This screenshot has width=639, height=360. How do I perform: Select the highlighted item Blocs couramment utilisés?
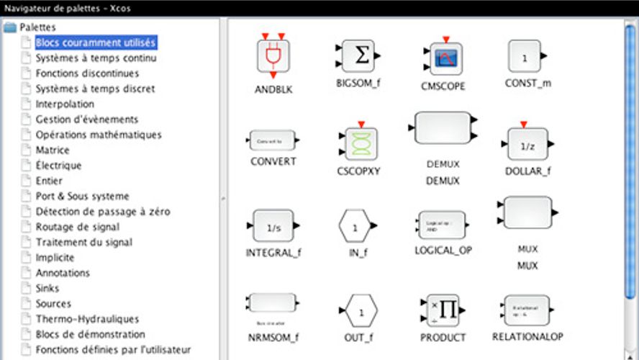coord(95,43)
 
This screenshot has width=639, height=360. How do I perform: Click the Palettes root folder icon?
coord(10,27)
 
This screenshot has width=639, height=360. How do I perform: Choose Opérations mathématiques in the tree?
coord(99,135)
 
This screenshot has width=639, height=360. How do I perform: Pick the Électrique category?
coord(58,166)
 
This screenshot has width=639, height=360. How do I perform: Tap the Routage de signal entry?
coord(78,227)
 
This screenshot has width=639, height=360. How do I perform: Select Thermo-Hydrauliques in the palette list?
coord(87,319)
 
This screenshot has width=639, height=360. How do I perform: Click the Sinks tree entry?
coord(48,288)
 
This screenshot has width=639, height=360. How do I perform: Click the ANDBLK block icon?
coord(273,55)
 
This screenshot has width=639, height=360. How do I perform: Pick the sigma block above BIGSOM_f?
coord(358,55)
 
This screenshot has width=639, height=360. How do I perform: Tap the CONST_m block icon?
coord(525,57)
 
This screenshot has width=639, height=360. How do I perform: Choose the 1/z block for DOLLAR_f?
coord(527,145)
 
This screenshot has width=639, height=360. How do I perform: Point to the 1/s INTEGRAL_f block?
coord(273,228)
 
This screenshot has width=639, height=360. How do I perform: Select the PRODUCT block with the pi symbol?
coord(442,310)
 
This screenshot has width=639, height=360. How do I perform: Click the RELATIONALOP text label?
coord(527,336)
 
